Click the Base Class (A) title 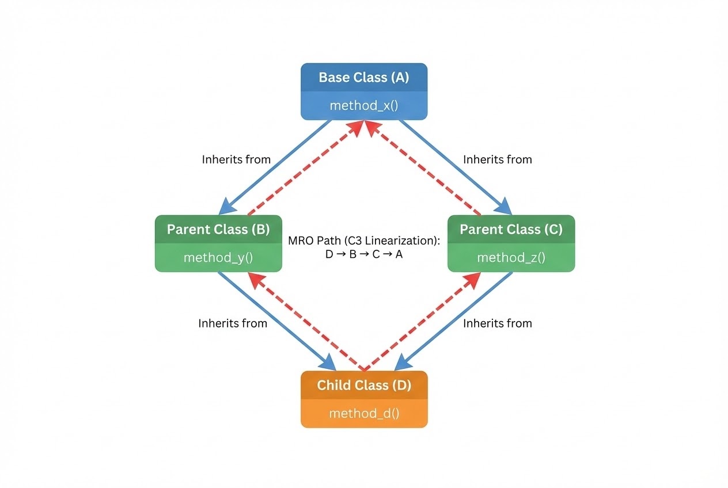pos(363,78)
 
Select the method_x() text pos(364,105)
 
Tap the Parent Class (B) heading pos(218,230)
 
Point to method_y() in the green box pos(218,257)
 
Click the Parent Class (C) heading pos(511,230)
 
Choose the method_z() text pos(511,257)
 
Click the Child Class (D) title pos(364,386)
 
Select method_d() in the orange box pos(364,413)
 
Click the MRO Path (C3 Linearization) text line pos(364,241)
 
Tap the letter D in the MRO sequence pos(329,254)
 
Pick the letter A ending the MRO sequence pos(399,254)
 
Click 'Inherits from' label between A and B pos(236,159)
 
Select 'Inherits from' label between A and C pos(497,159)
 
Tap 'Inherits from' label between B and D pos(233,323)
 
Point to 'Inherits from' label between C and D pos(497,323)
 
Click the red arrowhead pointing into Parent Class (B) pos(256,280)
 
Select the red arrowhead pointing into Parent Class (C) pos(472,280)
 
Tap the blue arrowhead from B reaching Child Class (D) pos(328,363)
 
